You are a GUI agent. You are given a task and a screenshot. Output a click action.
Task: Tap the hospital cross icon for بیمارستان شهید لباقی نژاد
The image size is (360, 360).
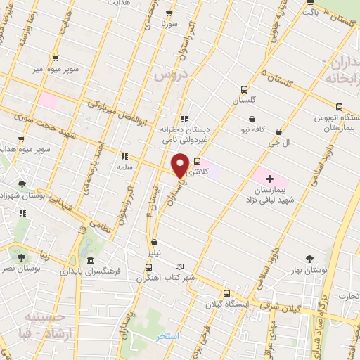(x=269, y=161)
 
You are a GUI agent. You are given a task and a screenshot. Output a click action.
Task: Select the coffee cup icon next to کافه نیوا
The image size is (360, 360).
(x=252, y=120)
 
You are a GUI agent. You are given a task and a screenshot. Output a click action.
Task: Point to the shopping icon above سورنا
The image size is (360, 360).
(x=169, y=13)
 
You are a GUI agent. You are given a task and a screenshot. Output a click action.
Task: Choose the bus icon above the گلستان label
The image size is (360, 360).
(x=244, y=89)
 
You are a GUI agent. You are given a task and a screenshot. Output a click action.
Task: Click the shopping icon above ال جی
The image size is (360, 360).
(x=279, y=131)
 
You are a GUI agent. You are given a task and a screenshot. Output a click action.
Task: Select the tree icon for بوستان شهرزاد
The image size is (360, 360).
(x=22, y=184)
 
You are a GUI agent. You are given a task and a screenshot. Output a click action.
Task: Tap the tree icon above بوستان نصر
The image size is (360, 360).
(x=21, y=258)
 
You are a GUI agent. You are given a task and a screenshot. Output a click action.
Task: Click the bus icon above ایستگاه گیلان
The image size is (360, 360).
(x=226, y=292)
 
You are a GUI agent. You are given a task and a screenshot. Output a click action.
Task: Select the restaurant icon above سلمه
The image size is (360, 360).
(x=124, y=157)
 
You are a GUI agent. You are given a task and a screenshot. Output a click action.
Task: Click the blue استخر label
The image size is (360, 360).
(x=169, y=337)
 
